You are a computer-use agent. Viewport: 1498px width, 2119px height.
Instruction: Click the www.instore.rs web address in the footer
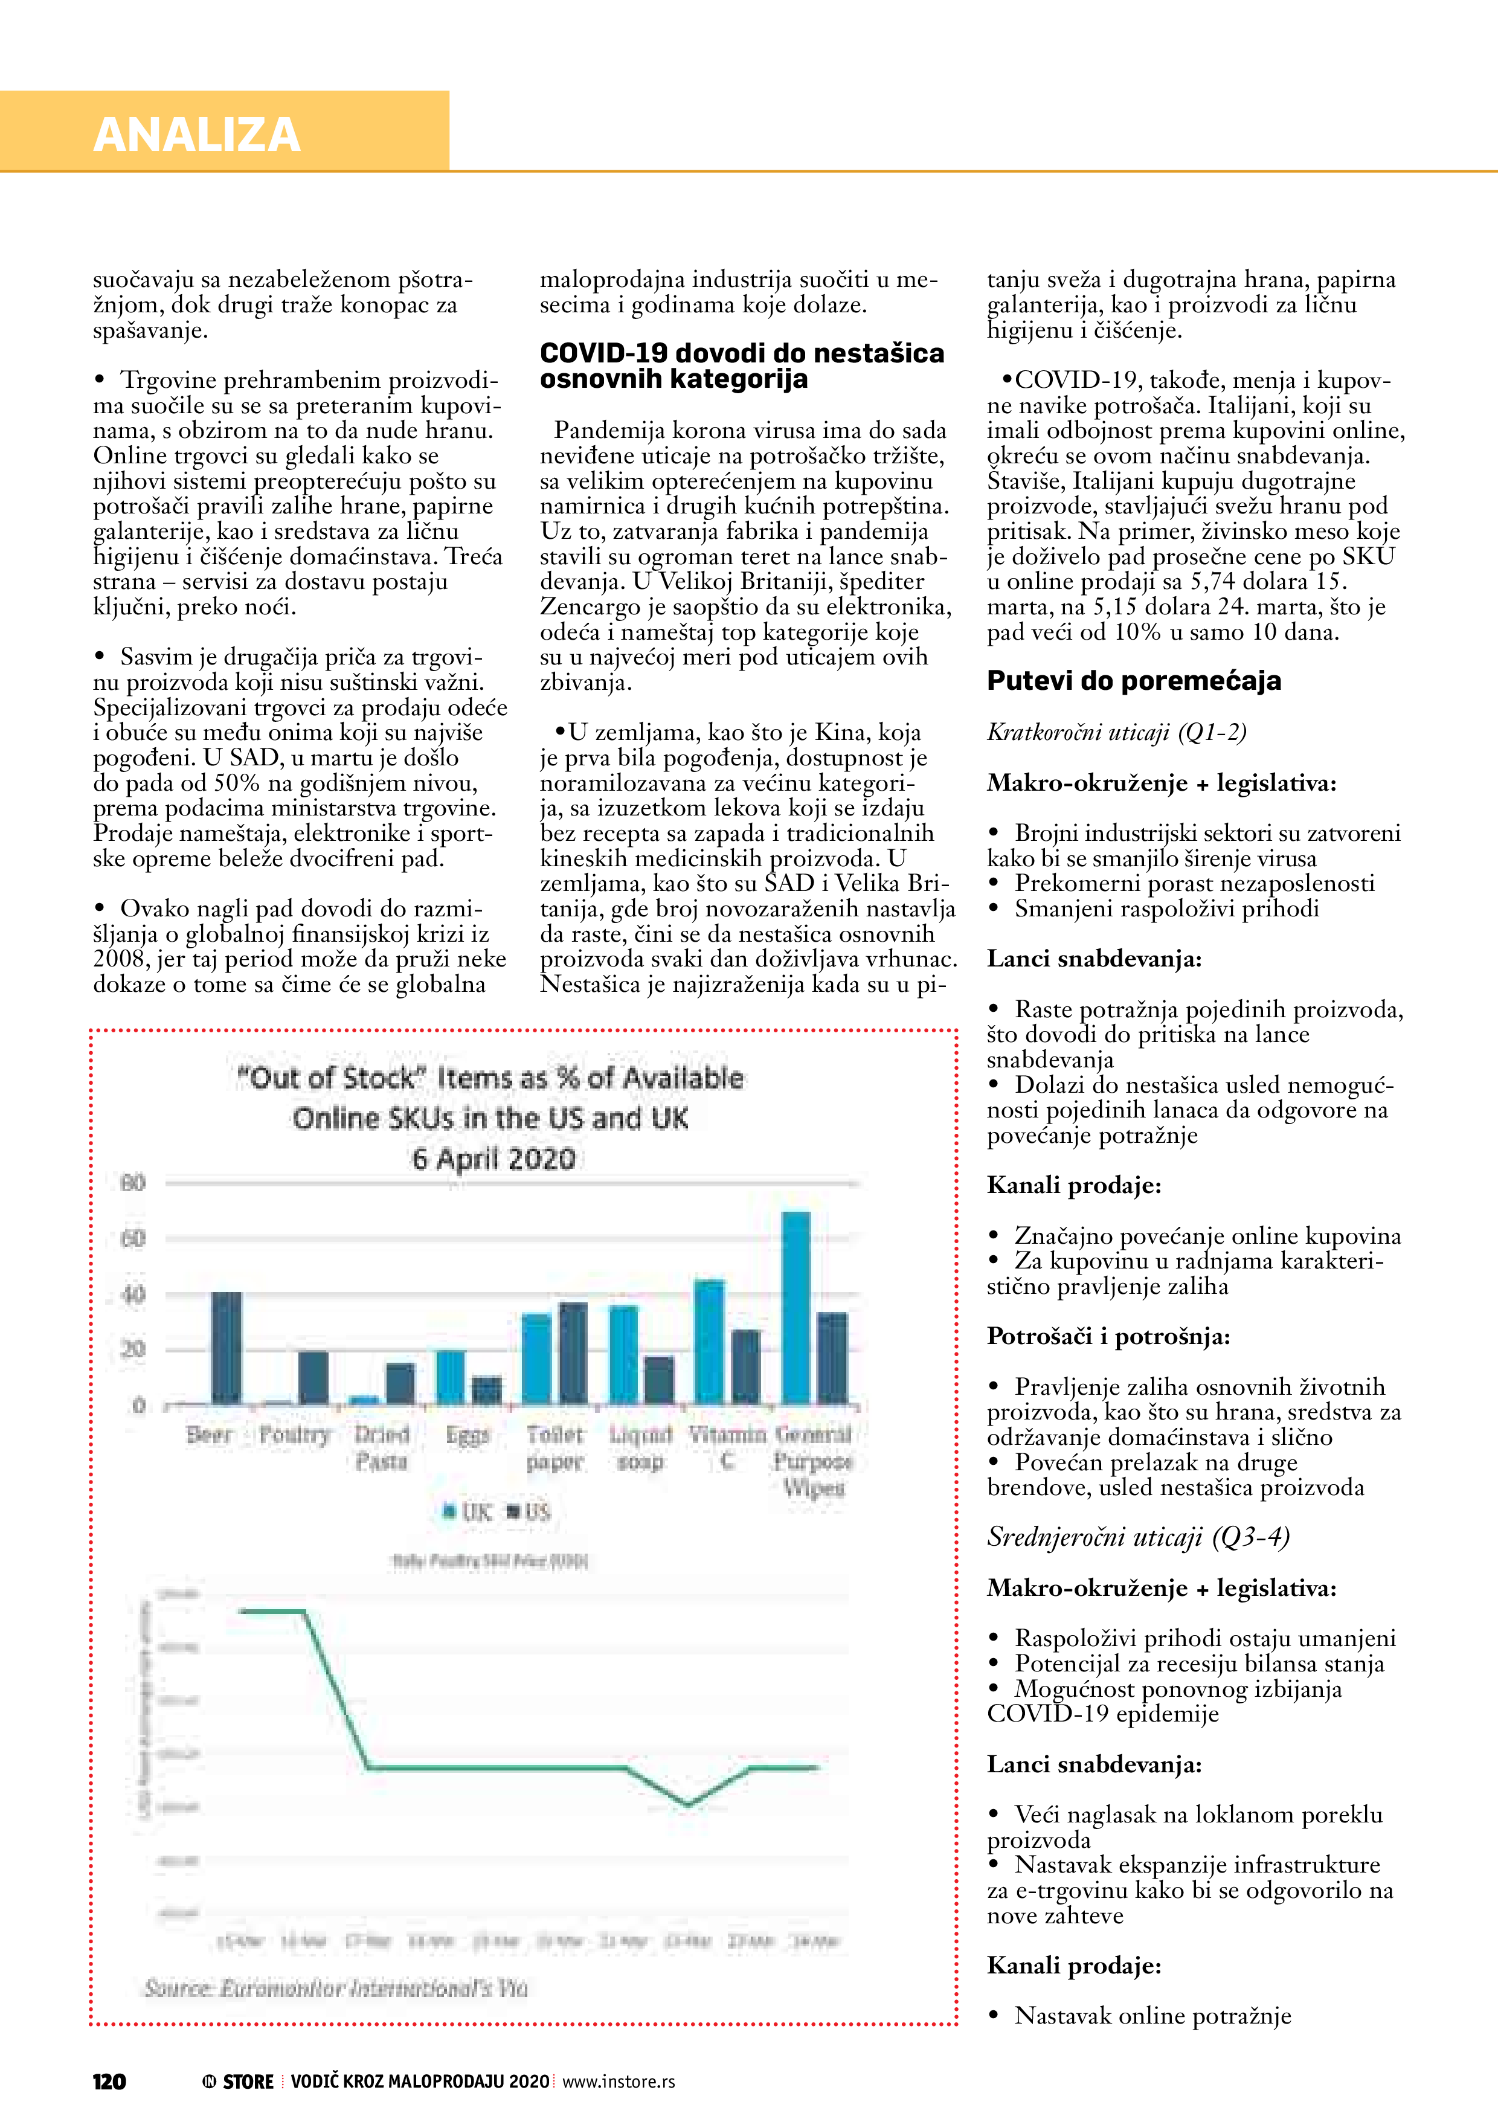(619, 2081)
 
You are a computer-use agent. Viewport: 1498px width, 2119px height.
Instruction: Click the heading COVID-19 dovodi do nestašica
(741, 353)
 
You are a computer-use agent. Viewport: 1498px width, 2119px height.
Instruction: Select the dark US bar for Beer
(227, 1348)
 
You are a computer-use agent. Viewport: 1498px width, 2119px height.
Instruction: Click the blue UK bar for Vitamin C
(709, 1342)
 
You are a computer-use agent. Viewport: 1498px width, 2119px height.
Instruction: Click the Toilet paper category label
(555, 1447)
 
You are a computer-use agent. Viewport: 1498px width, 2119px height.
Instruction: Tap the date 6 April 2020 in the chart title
(493, 1158)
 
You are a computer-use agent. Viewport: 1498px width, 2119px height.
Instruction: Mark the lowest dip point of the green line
(687, 1803)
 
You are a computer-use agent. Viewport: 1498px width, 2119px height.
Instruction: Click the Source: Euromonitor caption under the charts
(335, 1988)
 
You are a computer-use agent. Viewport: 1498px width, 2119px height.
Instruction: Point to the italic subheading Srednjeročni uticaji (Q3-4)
(1137, 1537)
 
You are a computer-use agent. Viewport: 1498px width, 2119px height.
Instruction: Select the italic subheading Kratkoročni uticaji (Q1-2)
(1116, 732)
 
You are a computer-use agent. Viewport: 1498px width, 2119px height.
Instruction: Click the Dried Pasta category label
(381, 1447)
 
